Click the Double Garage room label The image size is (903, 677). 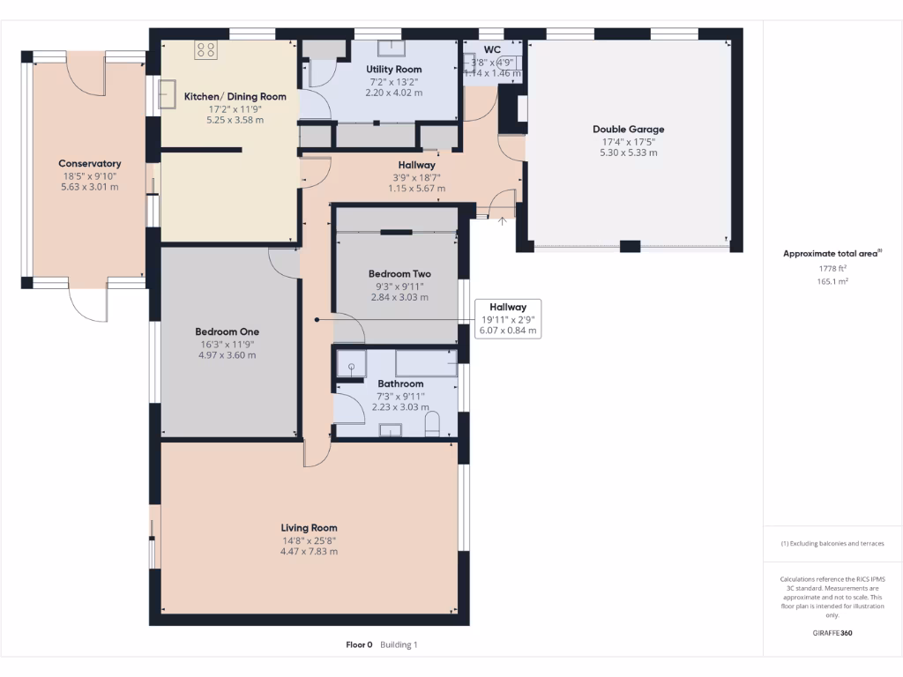pyautogui.click(x=628, y=130)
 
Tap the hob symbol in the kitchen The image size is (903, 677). pyautogui.click(x=205, y=50)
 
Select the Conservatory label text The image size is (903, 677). pyautogui.click(x=89, y=164)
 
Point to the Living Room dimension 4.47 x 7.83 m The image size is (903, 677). pyautogui.click(x=309, y=552)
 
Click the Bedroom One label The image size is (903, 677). pyautogui.click(x=227, y=332)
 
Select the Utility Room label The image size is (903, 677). pyautogui.click(x=394, y=70)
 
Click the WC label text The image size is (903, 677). pyautogui.click(x=492, y=49)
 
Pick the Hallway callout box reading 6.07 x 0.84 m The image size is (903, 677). pyautogui.click(x=507, y=319)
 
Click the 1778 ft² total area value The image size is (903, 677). pyautogui.click(x=832, y=269)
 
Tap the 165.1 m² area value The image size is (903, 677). pyautogui.click(x=832, y=282)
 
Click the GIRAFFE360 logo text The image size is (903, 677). pyautogui.click(x=832, y=633)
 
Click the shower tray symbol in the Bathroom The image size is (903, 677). pyautogui.click(x=351, y=367)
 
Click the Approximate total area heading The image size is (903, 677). pyautogui.click(x=831, y=254)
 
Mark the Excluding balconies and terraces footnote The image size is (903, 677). pyautogui.click(x=832, y=544)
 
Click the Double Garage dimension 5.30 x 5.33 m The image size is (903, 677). pyautogui.click(x=628, y=153)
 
